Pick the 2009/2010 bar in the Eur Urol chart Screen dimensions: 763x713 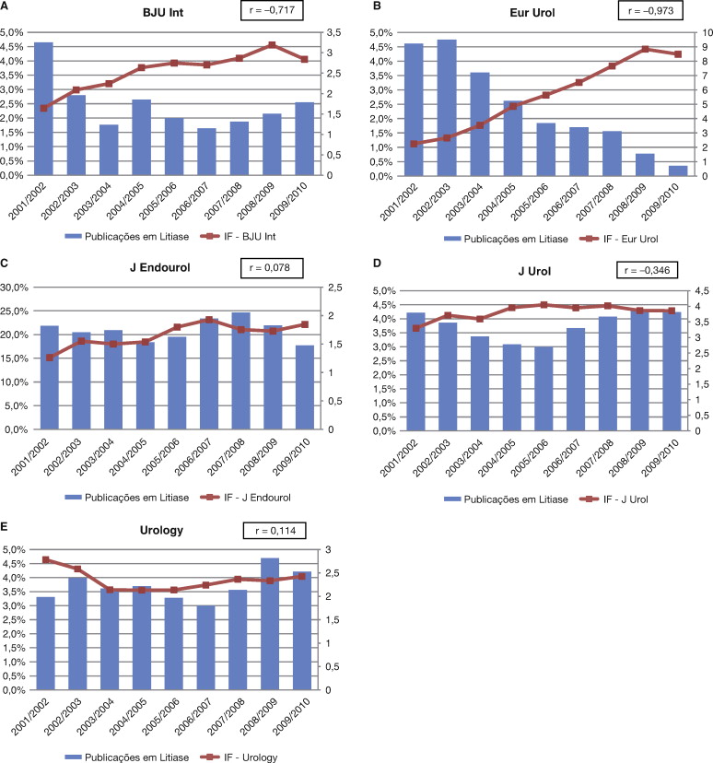tap(652, 170)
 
